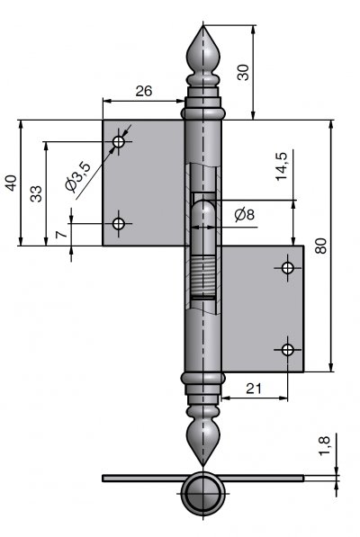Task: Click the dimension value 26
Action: [x=143, y=91]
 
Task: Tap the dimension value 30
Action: [x=243, y=72]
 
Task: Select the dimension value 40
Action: [x=11, y=183]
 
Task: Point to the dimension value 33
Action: [x=36, y=193]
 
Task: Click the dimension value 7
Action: [x=61, y=235]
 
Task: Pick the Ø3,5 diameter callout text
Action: [x=78, y=176]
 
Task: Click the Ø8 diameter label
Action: [x=245, y=215]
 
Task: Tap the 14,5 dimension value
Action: [x=282, y=166]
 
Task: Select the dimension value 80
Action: [x=321, y=246]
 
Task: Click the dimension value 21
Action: [x=254, y=389]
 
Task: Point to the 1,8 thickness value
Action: [x=324, y=445]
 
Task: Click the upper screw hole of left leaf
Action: [x=119, y=141]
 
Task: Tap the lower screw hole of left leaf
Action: [x=119, y=224]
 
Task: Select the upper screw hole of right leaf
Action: [x=287, y=267]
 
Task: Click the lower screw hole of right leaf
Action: [x=287, y=350]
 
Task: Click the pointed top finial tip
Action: [x=203, y=25]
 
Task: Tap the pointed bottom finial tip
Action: [x=203, y=465]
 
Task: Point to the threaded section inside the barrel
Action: [x=203, y=276]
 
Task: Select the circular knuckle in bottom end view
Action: [x=203, y=493]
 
